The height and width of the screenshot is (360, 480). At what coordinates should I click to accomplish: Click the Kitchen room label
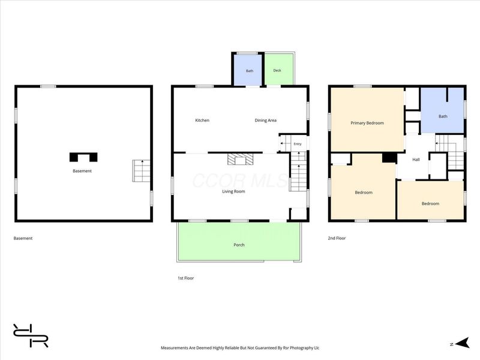[202, 121]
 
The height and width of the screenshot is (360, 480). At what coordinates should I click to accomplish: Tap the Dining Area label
[265, 121]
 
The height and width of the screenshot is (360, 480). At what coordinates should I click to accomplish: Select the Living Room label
[233, 191]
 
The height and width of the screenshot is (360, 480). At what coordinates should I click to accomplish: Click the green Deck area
[278, 70]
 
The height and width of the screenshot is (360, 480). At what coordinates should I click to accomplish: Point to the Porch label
[239, 245]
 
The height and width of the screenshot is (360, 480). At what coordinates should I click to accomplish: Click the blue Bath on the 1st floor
[248, 70]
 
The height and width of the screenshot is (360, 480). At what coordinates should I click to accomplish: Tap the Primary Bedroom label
[367, 123]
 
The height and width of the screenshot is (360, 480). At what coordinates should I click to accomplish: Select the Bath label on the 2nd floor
[443, 116]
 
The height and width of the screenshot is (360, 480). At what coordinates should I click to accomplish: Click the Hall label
[416, 160]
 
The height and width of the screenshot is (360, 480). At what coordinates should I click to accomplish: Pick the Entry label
[298, 144]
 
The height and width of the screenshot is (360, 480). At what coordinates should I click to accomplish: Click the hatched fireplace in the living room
[241, 160]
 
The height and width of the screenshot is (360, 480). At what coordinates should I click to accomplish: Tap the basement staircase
[142, 170]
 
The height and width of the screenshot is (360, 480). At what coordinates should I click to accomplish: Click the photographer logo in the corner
[31, 335]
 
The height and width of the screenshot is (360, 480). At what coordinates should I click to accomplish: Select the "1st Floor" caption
[186, 278]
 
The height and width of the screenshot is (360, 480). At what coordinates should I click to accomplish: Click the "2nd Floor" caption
[337, 238]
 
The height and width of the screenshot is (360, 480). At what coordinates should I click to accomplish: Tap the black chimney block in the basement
[83, 157]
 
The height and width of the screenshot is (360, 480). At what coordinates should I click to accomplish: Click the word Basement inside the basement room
[82, 171]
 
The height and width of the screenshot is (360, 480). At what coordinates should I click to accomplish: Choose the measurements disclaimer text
[240, 348]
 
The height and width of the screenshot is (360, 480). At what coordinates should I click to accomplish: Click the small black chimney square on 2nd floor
[389, 158]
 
